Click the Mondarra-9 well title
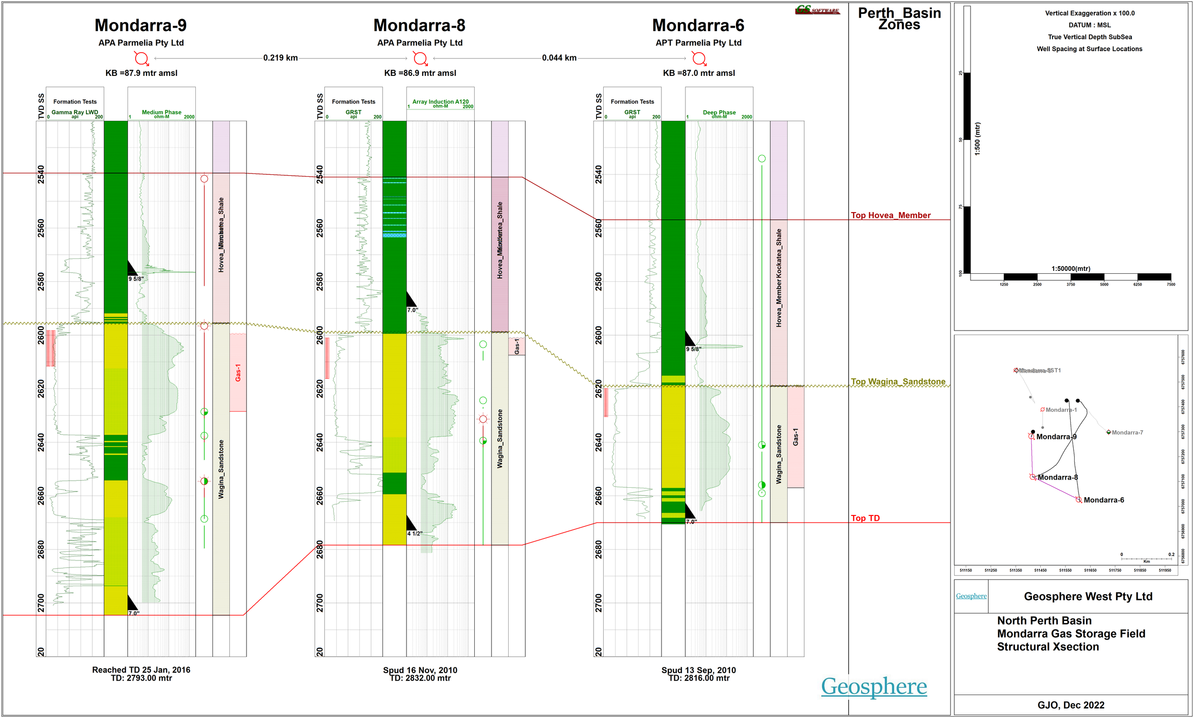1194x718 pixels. tap(140, 25)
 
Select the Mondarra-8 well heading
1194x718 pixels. tap(419, 25)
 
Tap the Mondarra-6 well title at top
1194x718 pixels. tap(698, 25)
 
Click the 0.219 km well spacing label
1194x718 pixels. tap(280, 58)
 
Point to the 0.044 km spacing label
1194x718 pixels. tap(559, 58)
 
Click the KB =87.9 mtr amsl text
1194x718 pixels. tap(141, 73)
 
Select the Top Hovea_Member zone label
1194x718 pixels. tap(890, 215)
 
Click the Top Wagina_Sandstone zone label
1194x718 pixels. tap(897, 382)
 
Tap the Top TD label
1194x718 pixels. tap(865, 518)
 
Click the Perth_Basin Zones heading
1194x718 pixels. tap(899, 18)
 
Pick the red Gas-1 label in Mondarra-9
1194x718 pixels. tap(238, 373)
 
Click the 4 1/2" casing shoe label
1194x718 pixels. tap(415, 534)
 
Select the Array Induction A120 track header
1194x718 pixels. tap(440, 102)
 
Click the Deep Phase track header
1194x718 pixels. tap(719, 112)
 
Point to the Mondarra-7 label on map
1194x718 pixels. tap(1127, 432)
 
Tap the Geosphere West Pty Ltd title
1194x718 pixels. tap(1087, 597)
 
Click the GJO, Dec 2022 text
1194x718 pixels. tap(1071, 705)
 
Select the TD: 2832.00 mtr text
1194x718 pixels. tap(420, 678)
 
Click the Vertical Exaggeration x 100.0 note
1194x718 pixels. tap(1089, 13)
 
